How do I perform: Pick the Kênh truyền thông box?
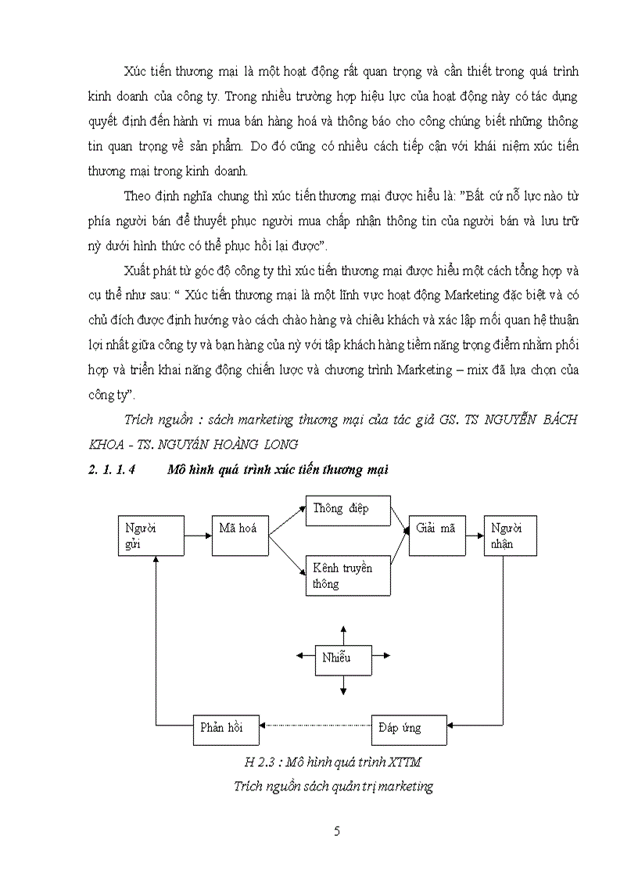[347, 575]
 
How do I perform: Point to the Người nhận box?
[510, 536]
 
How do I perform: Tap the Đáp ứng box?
[409, 728]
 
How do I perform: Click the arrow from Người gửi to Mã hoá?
[198, 536]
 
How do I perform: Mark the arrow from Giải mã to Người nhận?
[474, 536]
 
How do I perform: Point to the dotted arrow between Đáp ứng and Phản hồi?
[317, 727]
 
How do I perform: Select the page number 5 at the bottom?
[336, 831]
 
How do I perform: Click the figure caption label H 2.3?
[258, 762]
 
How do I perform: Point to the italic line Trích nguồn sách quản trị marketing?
[333, 787]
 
